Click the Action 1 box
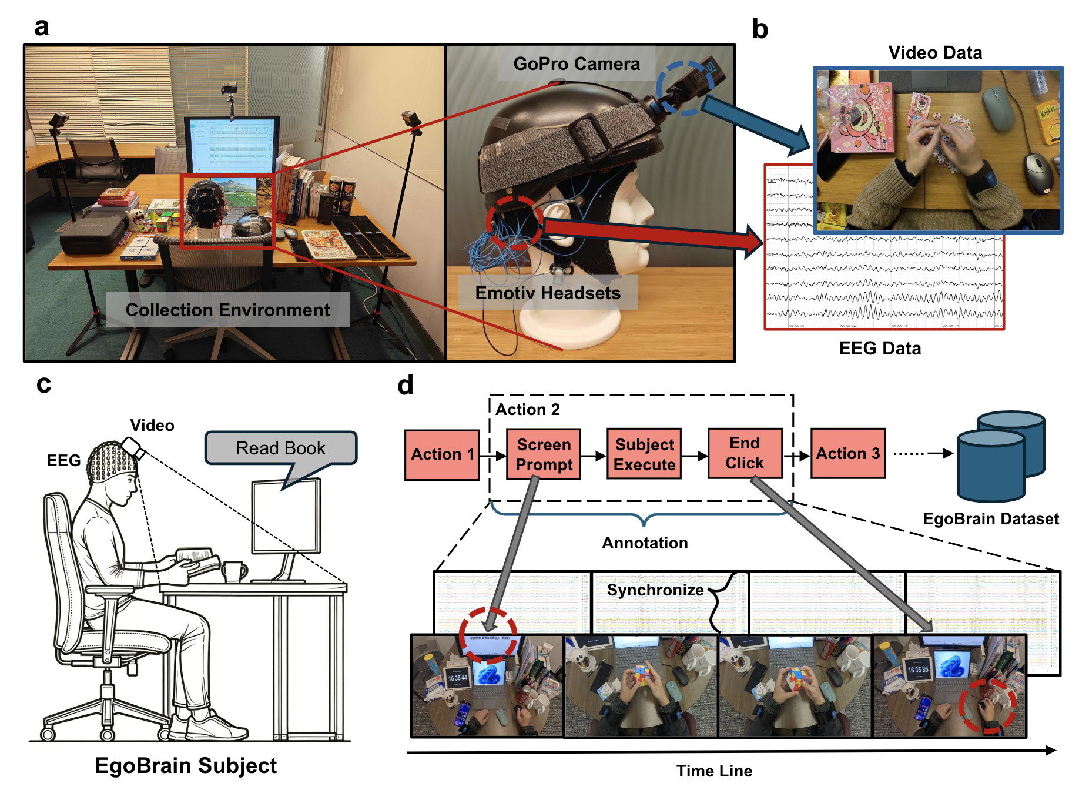[x=442, y=454]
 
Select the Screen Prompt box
[x=544, y=454]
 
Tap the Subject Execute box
[x=644, y=454]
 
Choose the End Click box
[x=745, y=453]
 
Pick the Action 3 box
[x=847, y=453]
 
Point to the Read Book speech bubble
[x=280, y=448]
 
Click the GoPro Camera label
[x=576, y=63]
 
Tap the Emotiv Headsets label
[x=548, y=293]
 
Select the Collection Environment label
[x=227, y=310]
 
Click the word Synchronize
[x=655, y=590]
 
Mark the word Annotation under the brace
[x=645, y=543]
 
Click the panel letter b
[x=760, y=29]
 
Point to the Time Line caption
[x=714, y=771]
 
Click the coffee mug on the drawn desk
[x=233, y=571]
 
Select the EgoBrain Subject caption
[x=186, y=765]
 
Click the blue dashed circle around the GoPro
[x=685, y=88]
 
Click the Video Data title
[x=935, y=53]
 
